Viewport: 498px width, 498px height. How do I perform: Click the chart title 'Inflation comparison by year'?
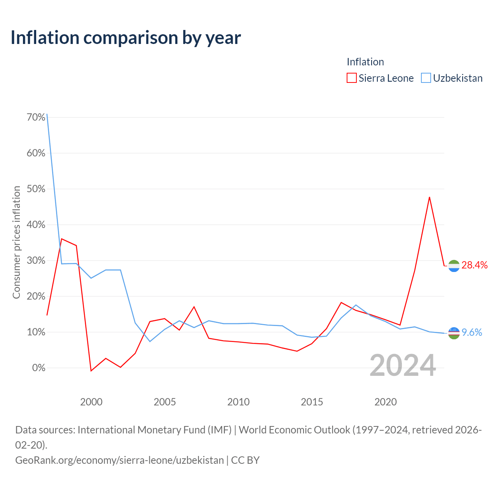(126, 38)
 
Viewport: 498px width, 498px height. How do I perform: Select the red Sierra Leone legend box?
(351, 78)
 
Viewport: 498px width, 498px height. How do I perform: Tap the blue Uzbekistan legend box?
(426, 78)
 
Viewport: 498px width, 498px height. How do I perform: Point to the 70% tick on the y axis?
(36, 117)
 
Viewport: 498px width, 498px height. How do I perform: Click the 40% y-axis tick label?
(36, 224)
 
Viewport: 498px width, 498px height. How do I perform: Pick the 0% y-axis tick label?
(39, 368)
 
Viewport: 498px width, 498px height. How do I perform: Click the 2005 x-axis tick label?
(165, 402)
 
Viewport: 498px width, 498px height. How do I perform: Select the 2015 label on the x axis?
(312, 402)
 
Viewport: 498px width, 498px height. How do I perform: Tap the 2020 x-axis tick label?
(385, 402)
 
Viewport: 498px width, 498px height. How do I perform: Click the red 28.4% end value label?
(474, 265)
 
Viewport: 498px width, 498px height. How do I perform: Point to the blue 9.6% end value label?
(472, 332)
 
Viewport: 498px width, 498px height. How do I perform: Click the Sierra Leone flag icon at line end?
(454, 266)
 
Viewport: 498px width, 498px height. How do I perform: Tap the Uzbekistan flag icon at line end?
(454, 333)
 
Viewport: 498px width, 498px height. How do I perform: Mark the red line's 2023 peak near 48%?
(429, 197)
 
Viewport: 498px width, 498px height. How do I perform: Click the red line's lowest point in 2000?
(91, 371)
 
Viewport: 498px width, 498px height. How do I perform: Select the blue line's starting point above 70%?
(47, 114)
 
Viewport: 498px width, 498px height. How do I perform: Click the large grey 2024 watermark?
(403, 365)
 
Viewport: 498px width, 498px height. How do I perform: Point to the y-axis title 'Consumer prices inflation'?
(16, 242)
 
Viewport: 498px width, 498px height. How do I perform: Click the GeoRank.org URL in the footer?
(119, 460)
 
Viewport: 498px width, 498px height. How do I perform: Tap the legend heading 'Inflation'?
(365, 62)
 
